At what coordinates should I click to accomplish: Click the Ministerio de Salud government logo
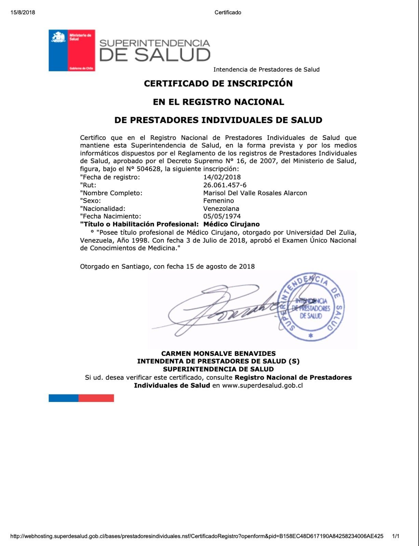[72, 50]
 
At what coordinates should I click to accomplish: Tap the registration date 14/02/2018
[222, 177]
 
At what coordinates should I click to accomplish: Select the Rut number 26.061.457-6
[225, 185]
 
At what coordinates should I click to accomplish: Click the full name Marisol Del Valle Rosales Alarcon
[255, 193]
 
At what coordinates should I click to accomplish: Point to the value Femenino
[218, 201]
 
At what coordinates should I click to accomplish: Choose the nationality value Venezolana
[221, 209]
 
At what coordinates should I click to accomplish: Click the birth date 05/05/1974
[222, 216]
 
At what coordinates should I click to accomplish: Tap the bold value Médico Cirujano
[231, 224]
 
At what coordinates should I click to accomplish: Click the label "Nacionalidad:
[103, 209]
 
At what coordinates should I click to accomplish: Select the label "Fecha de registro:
[110, 177]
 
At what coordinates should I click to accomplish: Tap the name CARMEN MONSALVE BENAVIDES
[218, 354]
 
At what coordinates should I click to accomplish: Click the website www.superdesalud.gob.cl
[262, 386]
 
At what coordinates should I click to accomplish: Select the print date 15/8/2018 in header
[23, 13]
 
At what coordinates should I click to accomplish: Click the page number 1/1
[396, 536]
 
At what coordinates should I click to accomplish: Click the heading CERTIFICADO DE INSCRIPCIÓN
[218, 84]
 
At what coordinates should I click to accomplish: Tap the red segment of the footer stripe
[96, 398]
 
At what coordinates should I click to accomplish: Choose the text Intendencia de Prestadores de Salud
[266, 70]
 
